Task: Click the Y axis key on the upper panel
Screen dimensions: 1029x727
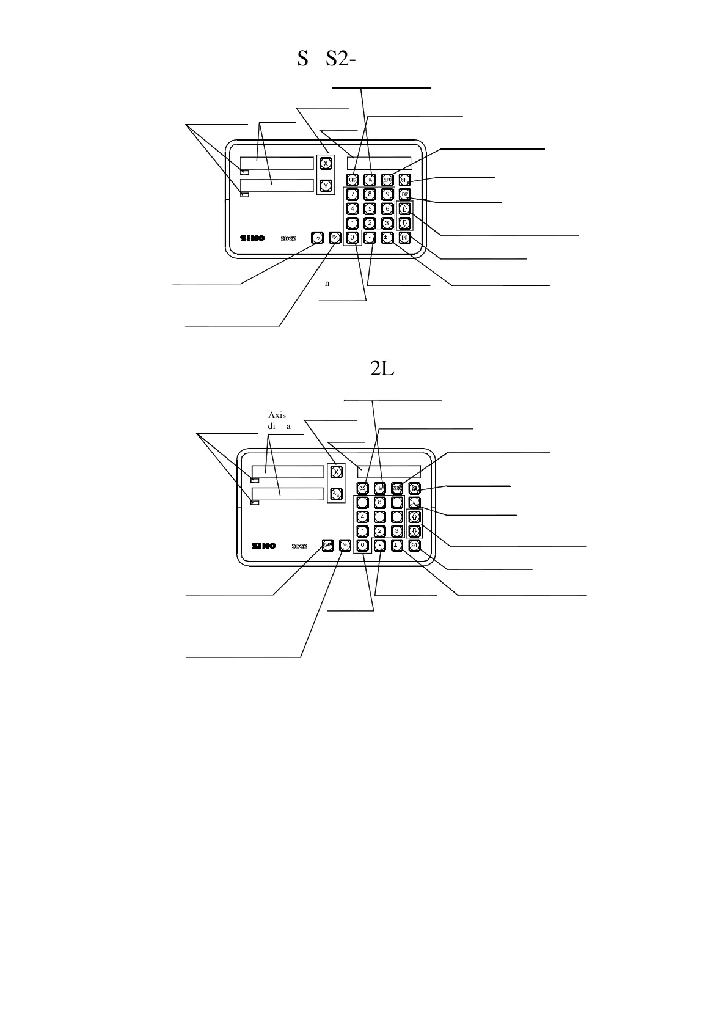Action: (x=326, y=185)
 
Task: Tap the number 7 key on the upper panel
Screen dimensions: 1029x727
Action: (x=352, y=194)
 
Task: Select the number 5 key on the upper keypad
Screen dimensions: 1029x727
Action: (x=370, y=209)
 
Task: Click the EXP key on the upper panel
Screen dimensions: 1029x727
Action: (x=404, y=194)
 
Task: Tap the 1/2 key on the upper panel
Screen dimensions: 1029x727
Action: (x=316, y=238)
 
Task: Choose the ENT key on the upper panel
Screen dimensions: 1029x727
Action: (x=404, y=238)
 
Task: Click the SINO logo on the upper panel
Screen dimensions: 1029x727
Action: (x=252, y=238)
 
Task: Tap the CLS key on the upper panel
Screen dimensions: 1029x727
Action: (x=352, y=180)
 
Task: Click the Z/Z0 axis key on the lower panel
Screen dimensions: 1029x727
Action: (x=336, y=493)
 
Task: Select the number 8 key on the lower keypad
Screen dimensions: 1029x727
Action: (x=379, y=502)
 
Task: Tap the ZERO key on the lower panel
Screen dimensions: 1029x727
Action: (x=397, y=488)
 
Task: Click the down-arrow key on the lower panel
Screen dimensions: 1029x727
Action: (x=414, y=531)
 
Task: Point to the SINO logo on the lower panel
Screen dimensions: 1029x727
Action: (x=263, y=546)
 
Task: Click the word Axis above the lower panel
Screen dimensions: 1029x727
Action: (x=277, y=415)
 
